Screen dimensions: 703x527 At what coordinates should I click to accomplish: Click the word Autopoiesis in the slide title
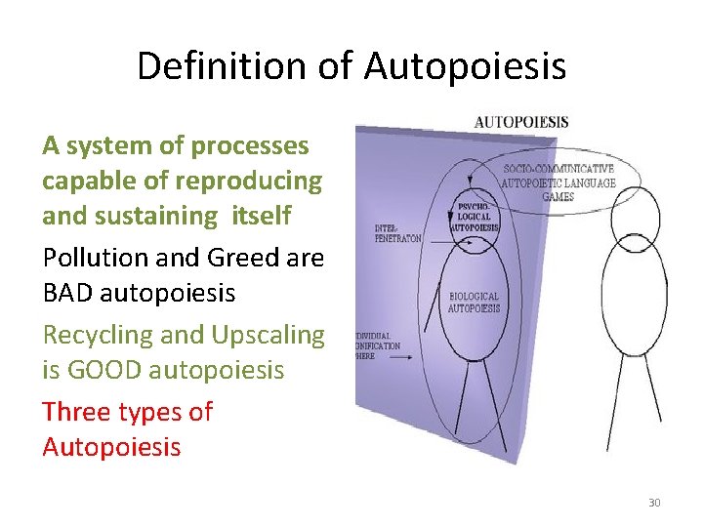(x=465, y=66)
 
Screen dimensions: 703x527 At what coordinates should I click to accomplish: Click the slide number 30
(x=654, y=503)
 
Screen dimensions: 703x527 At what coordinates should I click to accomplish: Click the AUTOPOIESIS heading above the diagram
(x=521, y=123)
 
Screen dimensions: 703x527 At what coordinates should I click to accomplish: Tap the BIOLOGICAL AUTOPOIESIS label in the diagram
(x=474, y=303)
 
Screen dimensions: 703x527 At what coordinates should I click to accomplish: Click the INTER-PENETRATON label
(x=396, y=233)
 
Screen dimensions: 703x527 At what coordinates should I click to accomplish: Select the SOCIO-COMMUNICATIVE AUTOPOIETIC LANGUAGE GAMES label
(x=558, y=182)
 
